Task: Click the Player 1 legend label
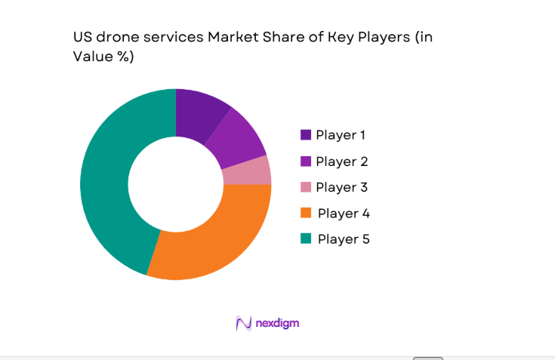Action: pos(341,135)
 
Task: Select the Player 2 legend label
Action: pos(341,162)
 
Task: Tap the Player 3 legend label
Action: pos(341,187)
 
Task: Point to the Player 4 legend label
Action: pos(344,214)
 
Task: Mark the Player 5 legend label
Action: pos(344,239)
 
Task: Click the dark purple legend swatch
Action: pos(306,135)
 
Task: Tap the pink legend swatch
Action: pos(306,187)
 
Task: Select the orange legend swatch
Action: pos(306,213)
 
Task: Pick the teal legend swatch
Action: pos(306,238)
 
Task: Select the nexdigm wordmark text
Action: pos(276,323)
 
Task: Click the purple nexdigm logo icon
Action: pos(243,323)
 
